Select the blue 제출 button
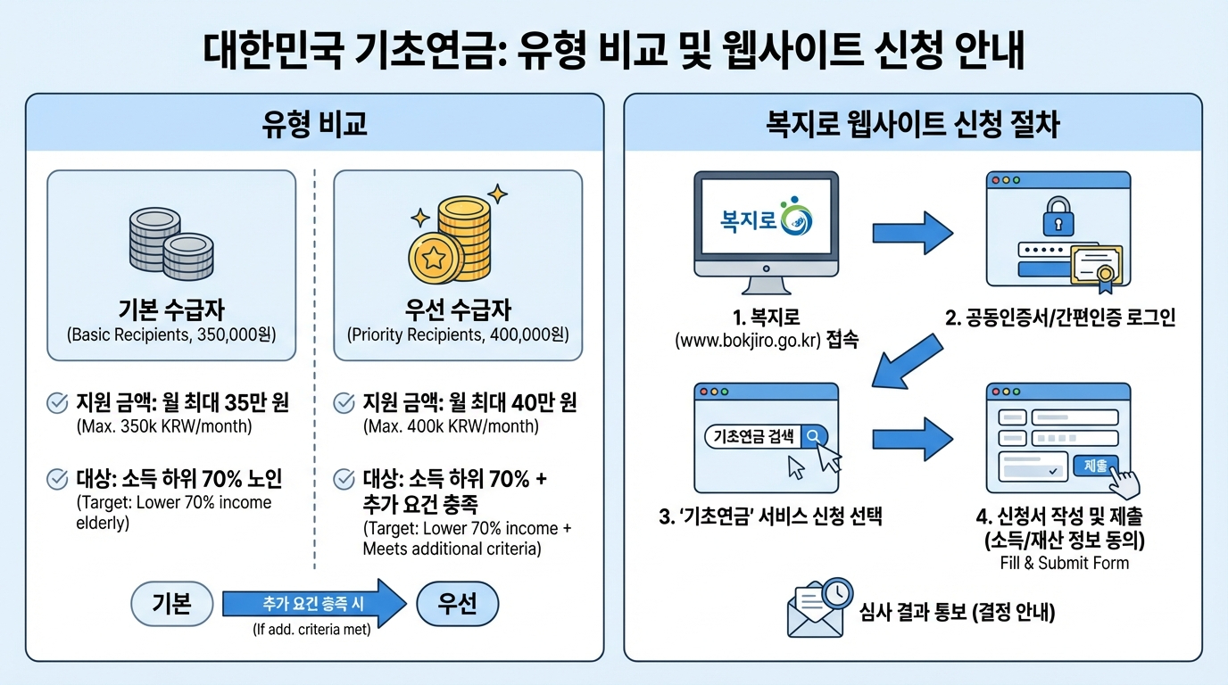coord(1096,465)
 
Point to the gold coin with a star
coord(434,259)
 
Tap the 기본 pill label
coord(172,604)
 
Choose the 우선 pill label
coord(457,604)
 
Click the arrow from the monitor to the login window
coord(912,232)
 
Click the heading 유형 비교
coord(314,124)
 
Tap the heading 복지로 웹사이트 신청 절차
coord(912,124)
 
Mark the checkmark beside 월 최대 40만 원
coord(344,404)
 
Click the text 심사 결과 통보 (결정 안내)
coord(957,613)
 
